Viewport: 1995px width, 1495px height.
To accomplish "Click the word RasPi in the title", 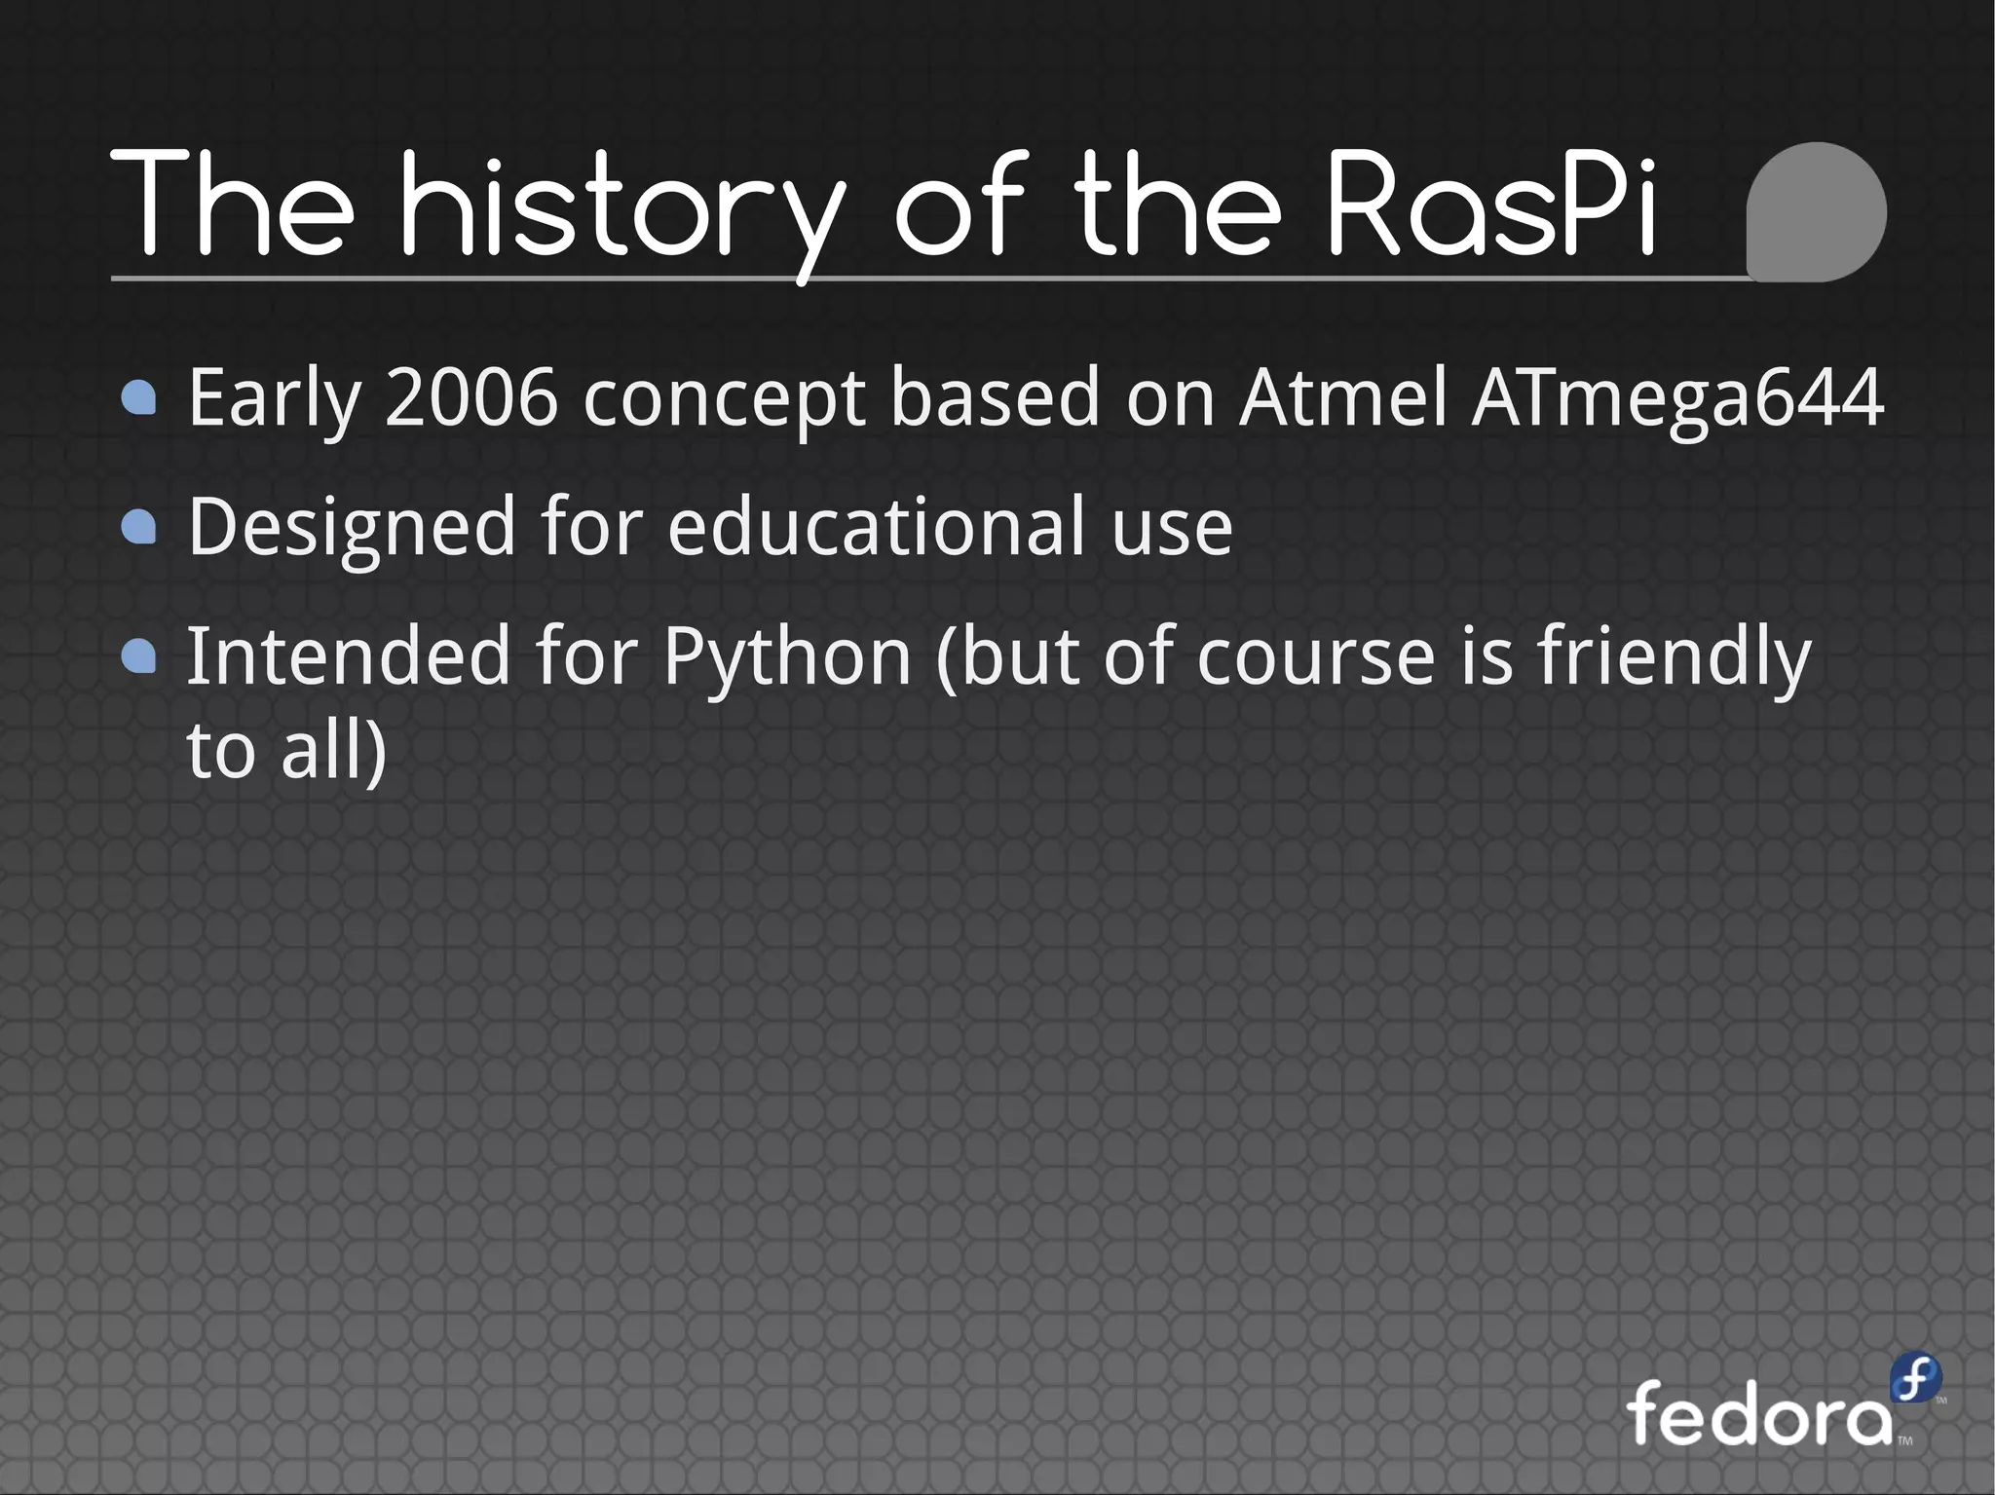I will (1490, 206).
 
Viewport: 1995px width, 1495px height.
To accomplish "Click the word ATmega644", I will (1677, 399).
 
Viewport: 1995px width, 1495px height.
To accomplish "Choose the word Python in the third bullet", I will (787, 658).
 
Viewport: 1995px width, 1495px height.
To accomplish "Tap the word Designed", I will (351, 528).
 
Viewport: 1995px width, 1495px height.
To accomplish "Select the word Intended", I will (349, 656).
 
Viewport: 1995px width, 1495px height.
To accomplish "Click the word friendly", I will (1674, 658).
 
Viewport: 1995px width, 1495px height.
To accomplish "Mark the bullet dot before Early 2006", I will (139, 397).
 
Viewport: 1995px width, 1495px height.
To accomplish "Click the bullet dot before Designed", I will (139, 527).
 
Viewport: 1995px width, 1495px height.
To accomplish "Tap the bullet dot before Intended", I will (139, 656).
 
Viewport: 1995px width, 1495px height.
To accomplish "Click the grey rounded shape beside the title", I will (1816, 212).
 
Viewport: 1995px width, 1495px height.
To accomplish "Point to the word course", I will (1316, 658).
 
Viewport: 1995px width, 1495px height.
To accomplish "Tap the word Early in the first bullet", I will (275, 399).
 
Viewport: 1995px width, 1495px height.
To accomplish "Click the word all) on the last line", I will (333, 751).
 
